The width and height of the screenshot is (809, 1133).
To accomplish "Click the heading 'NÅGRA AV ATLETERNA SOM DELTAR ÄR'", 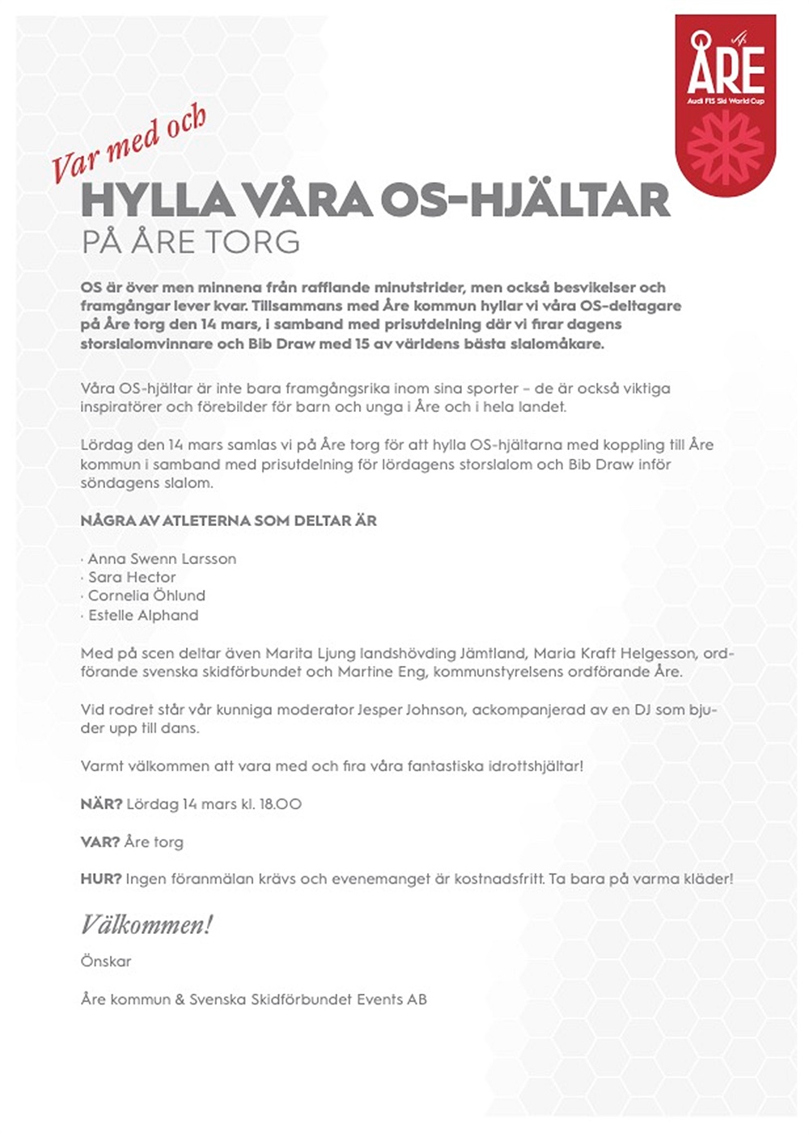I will click(x=228, y=520).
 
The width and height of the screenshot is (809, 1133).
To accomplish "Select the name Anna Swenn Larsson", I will click(x=162, y=558).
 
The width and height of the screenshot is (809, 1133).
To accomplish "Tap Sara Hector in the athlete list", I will click(x=132, y=577).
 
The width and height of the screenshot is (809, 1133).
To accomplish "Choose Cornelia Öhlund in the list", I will click(x=146, y=596).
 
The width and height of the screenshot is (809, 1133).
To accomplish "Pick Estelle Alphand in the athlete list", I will click(x=143, y=615).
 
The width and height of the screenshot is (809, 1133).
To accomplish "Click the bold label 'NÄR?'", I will click(x=101, y=804).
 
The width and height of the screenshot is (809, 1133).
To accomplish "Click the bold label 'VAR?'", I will click(x=100, y=842).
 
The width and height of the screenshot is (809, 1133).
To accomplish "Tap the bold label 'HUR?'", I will click(x=101, y=878).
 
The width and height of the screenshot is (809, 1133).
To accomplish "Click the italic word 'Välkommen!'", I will click(x=146, y=924).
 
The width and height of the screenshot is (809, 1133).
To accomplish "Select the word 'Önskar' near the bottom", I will click(x=106, y=961).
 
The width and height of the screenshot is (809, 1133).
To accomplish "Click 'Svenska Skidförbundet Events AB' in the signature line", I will click(x=308, y=999).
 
